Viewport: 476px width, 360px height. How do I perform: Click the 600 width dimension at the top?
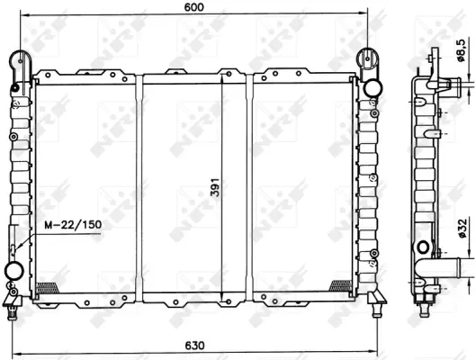tap(193, 7)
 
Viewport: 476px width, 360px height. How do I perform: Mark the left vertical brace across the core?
tap(139, 184)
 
